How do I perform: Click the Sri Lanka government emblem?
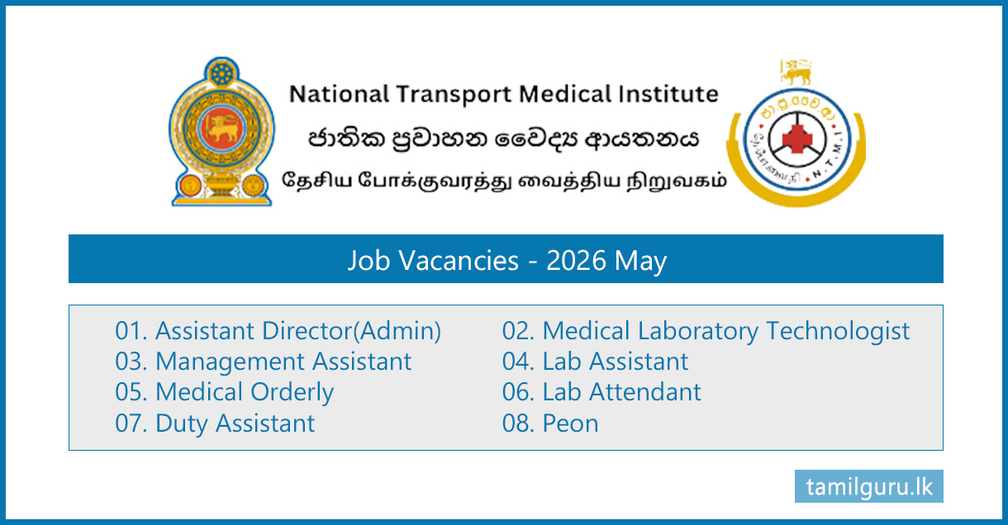pos(221,132)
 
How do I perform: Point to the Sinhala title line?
pos(503,139)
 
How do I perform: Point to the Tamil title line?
pos(504,180)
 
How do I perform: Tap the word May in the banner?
pos(640,261)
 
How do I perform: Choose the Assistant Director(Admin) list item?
pos(278,331)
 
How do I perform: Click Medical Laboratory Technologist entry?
pos(706,331)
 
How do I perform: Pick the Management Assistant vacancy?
pos(264,362)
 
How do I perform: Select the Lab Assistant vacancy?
pos(595,362)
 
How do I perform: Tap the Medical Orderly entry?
pos(224,392)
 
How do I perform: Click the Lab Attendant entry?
pos(601,392)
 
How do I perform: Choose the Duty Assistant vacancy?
pos(215,423)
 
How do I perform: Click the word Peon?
pos(570,423)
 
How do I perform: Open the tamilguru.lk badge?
pos(869,486)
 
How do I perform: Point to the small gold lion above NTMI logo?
pos(796,72)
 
